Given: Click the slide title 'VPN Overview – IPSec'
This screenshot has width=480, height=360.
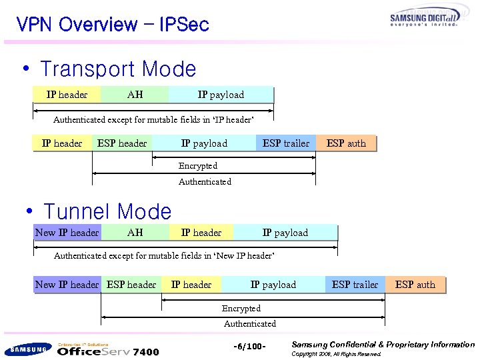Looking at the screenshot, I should (113, 25).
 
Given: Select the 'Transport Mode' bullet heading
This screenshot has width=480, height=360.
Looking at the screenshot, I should (118, 69).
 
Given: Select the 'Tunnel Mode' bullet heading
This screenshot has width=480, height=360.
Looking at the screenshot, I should (107, 212).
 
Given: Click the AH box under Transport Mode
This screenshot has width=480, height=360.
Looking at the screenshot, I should (135, 95).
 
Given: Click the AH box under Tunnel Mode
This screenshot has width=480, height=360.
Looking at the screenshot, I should (135, 233).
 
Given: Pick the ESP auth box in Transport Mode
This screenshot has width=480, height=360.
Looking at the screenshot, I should (346, 143).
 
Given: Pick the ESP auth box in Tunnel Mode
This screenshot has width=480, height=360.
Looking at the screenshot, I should (415, 285).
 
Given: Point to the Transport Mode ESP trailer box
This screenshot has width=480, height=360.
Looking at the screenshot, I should (286, 143).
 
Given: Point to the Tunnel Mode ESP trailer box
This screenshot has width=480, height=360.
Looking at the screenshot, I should (355, 285).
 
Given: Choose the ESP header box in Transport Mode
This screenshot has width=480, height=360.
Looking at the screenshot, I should (122, 143).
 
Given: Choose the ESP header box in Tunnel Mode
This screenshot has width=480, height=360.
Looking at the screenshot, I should (131, 285).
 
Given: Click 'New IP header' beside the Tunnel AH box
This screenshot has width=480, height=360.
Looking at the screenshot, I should (67, 233).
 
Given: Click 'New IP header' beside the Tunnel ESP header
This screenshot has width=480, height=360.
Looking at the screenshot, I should (67, 285).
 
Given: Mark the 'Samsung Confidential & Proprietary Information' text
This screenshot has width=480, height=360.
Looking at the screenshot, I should (383, 345).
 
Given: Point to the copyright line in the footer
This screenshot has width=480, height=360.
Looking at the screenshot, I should (337, 355).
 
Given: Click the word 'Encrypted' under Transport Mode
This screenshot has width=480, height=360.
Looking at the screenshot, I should (198, 165).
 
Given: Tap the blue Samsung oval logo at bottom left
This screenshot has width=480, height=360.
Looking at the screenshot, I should (27, 349).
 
